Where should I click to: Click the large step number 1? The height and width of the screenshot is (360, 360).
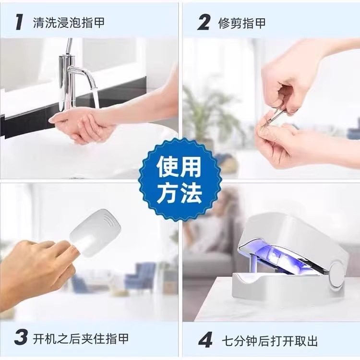pyautogui.click(x=19, y=22)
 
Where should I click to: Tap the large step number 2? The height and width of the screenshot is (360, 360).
pyautogui.click(x=204, y=22)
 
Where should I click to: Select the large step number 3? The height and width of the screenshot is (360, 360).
pyautogui.click(x=21, y=337)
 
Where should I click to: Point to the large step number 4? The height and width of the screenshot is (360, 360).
pyautogui.click(x=205, y=340)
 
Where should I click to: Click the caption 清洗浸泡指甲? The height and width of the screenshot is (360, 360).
pyautogui.click(x=69, y=23)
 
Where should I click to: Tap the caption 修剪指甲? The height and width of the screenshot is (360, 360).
pyautogui.click(x=242, y=23)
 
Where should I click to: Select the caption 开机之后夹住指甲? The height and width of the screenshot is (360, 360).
pyautogui.click(x=81, y=338)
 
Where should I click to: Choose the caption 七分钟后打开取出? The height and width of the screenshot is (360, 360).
pyautogui.click(x=270, y=341)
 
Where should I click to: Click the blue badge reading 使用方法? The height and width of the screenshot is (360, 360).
pyautogui.click(x=180, y=180)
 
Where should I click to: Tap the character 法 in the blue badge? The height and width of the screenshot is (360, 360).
pyautogui.click(x=193, y=192)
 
